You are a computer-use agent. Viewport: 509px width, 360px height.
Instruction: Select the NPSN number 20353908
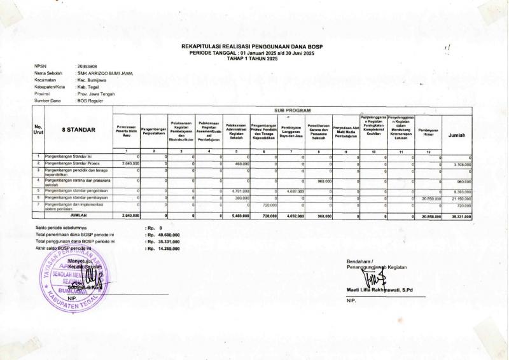[x=87, y=66]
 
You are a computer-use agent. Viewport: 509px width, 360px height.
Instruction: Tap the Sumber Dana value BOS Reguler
[x=91, y=100]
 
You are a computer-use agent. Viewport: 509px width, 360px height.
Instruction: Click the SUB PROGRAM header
[x=293, y=111]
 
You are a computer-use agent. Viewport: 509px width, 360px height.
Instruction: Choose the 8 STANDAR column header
[x=79, y=130]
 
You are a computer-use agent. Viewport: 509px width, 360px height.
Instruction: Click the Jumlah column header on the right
[x=457, y=135]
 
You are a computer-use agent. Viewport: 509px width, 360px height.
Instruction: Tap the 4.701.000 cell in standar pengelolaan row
[x=237, y=190]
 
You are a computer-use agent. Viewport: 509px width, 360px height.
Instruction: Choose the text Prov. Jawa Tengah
[x=95, y=93]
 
